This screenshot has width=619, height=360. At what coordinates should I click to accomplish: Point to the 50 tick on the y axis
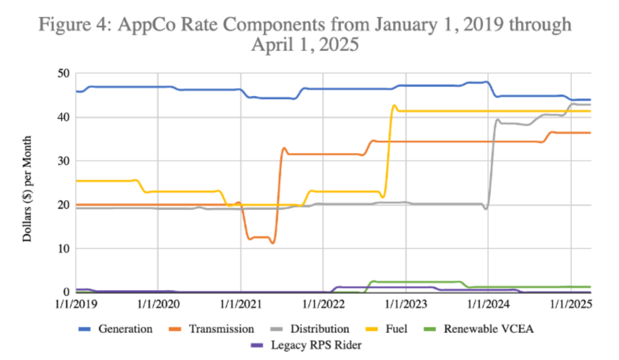(63, 74)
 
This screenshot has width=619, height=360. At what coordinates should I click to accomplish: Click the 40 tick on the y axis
(63, 117)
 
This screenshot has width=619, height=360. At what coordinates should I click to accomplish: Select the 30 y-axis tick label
(63, 161)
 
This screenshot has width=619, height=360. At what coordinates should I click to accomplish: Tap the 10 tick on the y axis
(63, 249)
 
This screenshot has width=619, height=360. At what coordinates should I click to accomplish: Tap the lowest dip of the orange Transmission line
(273, 243)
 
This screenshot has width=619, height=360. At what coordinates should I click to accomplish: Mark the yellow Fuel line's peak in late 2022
(394, 106)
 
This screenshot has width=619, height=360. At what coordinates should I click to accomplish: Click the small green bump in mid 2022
(372, 281)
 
